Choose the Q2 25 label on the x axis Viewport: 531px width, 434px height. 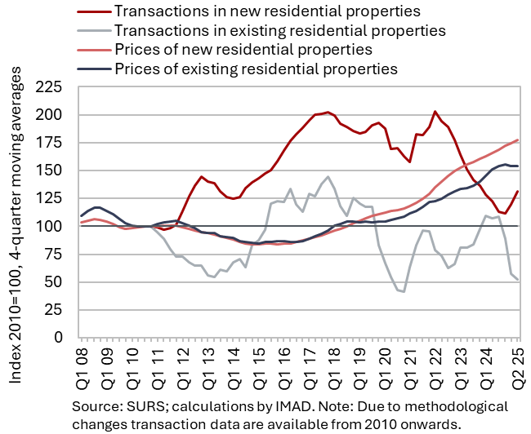[x=516, y=365]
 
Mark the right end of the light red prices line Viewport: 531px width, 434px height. [x=517, y=140]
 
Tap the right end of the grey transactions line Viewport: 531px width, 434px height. [x=517, y=280]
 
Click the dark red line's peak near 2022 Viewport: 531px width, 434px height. [x=435, y=112]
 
